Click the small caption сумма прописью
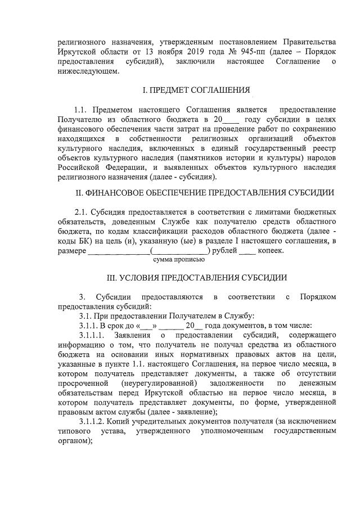[179, 260]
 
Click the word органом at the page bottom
[74, 441]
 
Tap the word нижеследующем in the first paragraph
[88, 71]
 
